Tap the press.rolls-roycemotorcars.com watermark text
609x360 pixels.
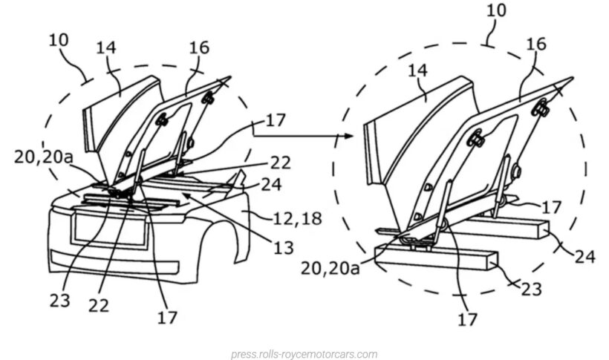pos(304,354)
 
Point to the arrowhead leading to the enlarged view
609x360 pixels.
pos(345,137)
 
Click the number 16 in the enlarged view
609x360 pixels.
pos(535,44)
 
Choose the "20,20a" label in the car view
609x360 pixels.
pos(42,157)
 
